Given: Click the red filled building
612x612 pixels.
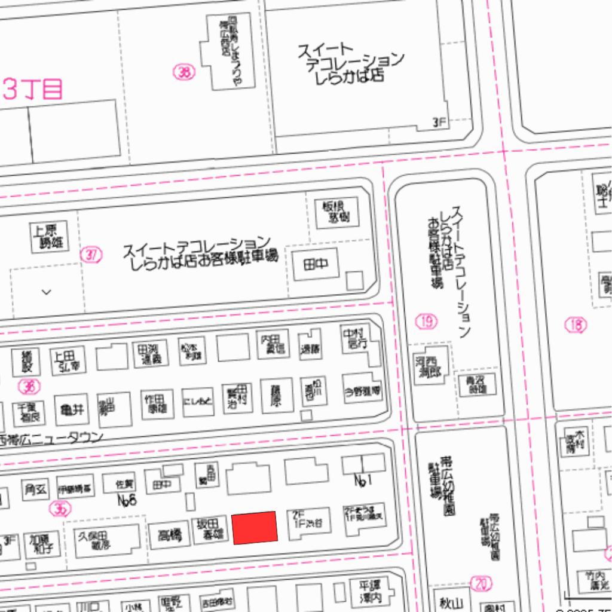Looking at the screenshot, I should pyautogui.click(x=255, y=528).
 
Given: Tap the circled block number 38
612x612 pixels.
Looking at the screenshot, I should pyautogui.click(x=184, y=73).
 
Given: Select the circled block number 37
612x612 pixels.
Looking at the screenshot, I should pyautogui.click(x=91, y=255).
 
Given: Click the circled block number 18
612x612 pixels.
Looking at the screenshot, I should pyautogui.click(x=576, y=325).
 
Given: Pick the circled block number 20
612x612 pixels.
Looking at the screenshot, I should pyautogui.click(x=481, y=583).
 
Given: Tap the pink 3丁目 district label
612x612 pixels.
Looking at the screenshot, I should pyautogui.click(x=33, y=89).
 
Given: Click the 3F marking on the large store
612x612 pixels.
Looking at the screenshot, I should pyautogui.click(x=439, y=123).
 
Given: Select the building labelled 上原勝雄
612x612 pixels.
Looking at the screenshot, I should pyautogui.click(x=49, y=237).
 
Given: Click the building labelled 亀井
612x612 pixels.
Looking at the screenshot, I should pyautogui.click(x=72, y=410).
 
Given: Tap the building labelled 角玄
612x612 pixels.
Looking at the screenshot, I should pyautogui.click(x=35, y=490).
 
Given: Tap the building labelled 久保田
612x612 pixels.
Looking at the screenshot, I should pyautogui.click(x=96, y=540).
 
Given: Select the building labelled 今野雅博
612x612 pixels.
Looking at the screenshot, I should pyautogui.click(x=362, y=391).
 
